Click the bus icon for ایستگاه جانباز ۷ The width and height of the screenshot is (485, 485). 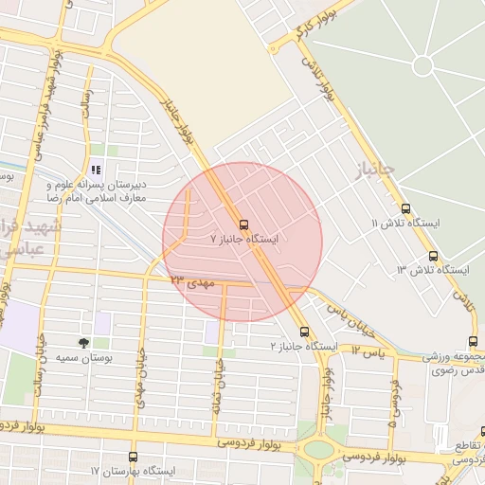pyautogui.click(x=243, y=225)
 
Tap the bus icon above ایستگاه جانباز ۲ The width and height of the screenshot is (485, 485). pyautogui.click(x=304, y=332)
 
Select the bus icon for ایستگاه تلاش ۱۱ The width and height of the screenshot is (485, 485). pyautogui.click(x=406, y=209)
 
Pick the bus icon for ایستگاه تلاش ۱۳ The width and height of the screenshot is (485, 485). pyautogui.click(x=433, y=256)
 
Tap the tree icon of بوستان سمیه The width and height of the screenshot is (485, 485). pyautogui.click(x=84, y=343)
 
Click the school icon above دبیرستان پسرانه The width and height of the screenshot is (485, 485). pyautogui.click(x=96, y=170)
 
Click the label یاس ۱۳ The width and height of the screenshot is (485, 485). pyautogui.click(x=369, y=350)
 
